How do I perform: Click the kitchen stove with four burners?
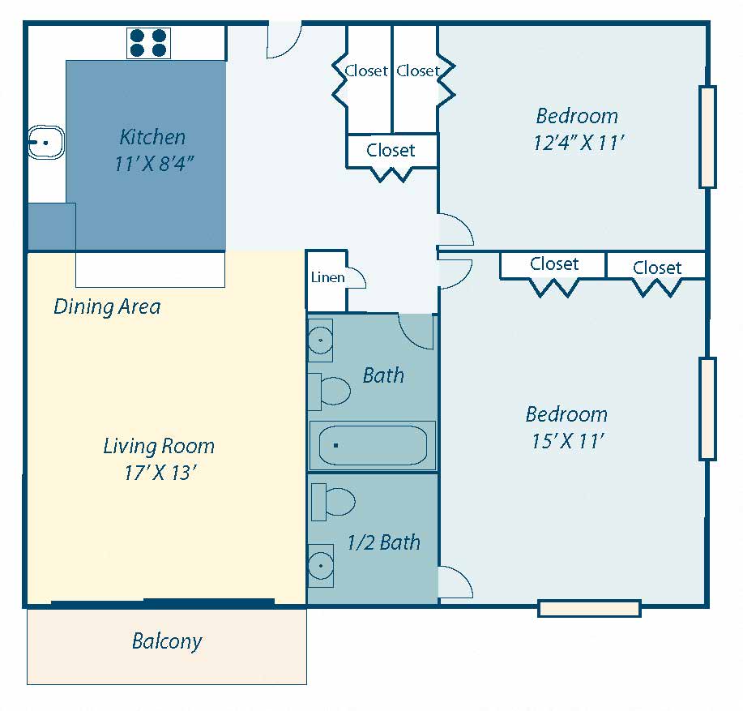(x=148, y=43)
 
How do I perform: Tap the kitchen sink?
(x=46, y=142)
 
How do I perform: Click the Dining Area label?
(x=107, y=306)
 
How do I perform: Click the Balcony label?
(x=167, y=641)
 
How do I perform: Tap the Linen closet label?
(x=327, y=277)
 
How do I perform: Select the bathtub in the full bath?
(x=373, y=445)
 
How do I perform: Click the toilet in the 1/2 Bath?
(x=333, y=502)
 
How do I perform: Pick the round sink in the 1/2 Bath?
(x=321, y=566)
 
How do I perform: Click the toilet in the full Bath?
(x=329, y=391)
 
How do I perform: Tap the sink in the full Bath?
(x=320, y=340)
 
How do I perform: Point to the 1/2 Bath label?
(x=384, y=542)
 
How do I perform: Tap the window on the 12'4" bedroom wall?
(x=707, y=136)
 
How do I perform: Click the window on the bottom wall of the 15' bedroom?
(x=590, y=608)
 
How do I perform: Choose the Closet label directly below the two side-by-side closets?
(x=391, y=150)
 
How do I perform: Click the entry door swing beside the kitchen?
(x=284, y=40)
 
